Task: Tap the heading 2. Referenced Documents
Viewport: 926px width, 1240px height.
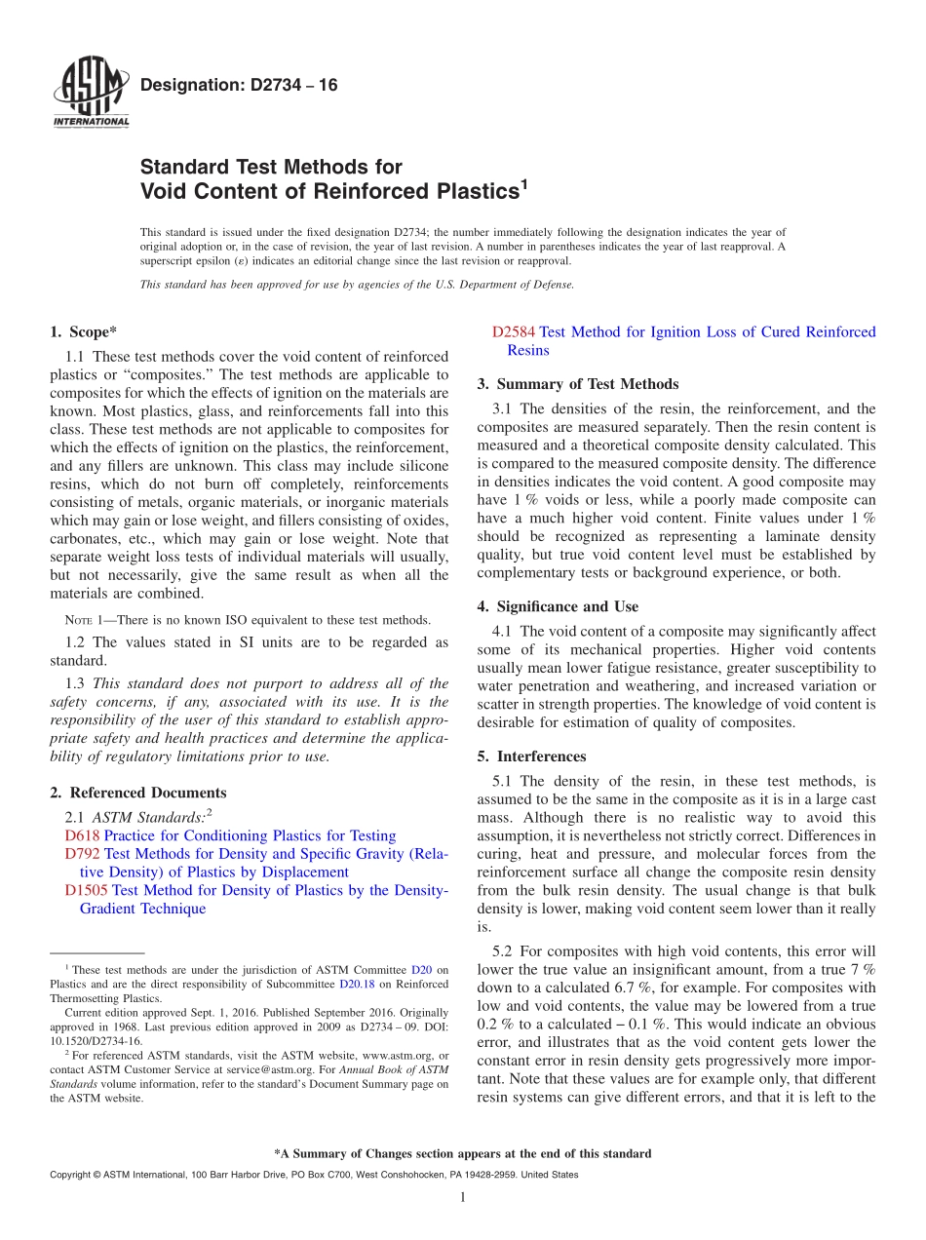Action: (x=138, y=793)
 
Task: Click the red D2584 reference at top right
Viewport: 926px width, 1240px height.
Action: (x=514, y=331)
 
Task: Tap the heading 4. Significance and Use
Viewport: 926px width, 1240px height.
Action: (x=558, y=606)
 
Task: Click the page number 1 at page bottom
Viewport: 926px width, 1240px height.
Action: (x=463, y=1197)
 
